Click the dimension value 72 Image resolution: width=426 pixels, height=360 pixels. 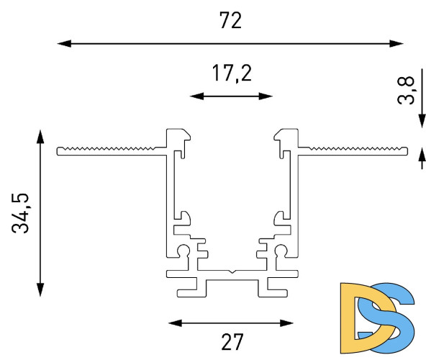coord(230,20)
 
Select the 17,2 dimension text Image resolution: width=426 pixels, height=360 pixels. coord(232,73)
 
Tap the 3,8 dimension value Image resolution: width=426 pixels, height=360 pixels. coord(407,90)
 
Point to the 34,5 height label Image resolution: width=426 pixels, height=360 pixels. coord(20,213)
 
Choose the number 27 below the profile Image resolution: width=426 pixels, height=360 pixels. coord(232,342)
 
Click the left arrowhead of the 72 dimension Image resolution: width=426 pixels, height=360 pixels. coord(64,43)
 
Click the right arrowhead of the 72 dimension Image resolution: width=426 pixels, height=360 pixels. coord(396,43)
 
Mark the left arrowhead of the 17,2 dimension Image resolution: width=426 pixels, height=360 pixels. coord(196,96)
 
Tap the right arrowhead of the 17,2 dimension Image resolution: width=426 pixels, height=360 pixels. coord(266,96)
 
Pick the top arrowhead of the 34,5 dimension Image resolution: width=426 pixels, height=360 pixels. coord(40,137)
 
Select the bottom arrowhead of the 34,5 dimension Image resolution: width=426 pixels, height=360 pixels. coord(40,289)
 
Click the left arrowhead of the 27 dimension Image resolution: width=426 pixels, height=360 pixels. coord(176,323)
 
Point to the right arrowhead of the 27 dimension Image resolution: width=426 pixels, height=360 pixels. coord(286,323)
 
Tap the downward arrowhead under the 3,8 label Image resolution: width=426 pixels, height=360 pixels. coord(422,121)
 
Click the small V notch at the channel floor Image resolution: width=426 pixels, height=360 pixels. coord(231,271)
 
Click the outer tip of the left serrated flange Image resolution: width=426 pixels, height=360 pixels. coord(57,151)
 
